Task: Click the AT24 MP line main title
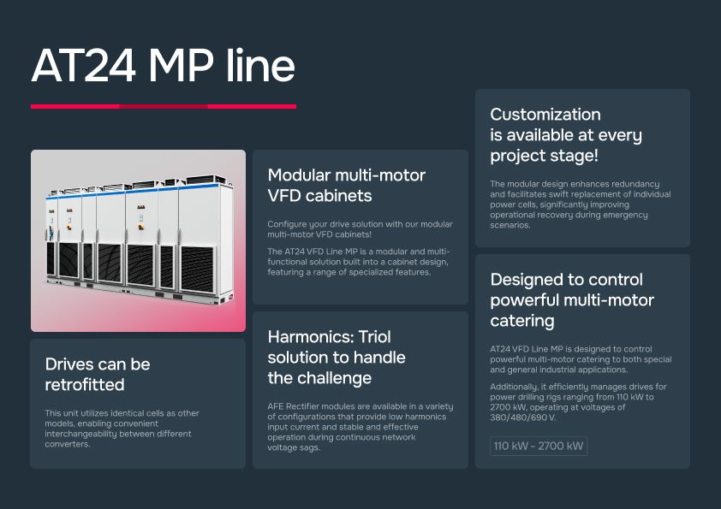pyautogui.click(x=163, y=66)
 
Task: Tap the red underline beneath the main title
pyautogui.click(x=163, y=106)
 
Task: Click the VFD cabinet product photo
pyautogui.click(x=138, y=240)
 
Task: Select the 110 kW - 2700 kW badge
pyautogui.click(x=539, y=447)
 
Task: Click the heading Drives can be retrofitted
pyautogui.click(x=98, y=374)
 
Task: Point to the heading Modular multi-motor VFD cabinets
pyautogui.click(x=347, y=185)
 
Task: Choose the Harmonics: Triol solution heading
pyautogui.click(x=337, y=357)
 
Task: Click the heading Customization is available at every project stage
pyautogui.click(x=566, y=135)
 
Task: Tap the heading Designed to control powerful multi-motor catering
pyautogui.click(x=572, y=299)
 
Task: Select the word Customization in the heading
pyautogui.click(x=545, y=115)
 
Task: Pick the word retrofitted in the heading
pyautogui.click(x=85, y=384)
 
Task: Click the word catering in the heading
pyautogui.click(x=522, y=321)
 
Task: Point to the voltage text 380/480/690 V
pyautogui.click(x=522, y=417)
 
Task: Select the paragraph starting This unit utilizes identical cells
pyautogui.click(x=122, y=429)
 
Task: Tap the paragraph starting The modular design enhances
pyautogui.click(x=580, y=204)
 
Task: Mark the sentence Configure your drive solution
pyautogui.click(x=360, y=229)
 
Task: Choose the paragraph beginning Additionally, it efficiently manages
pyautogui.click(x=578, y=402)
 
